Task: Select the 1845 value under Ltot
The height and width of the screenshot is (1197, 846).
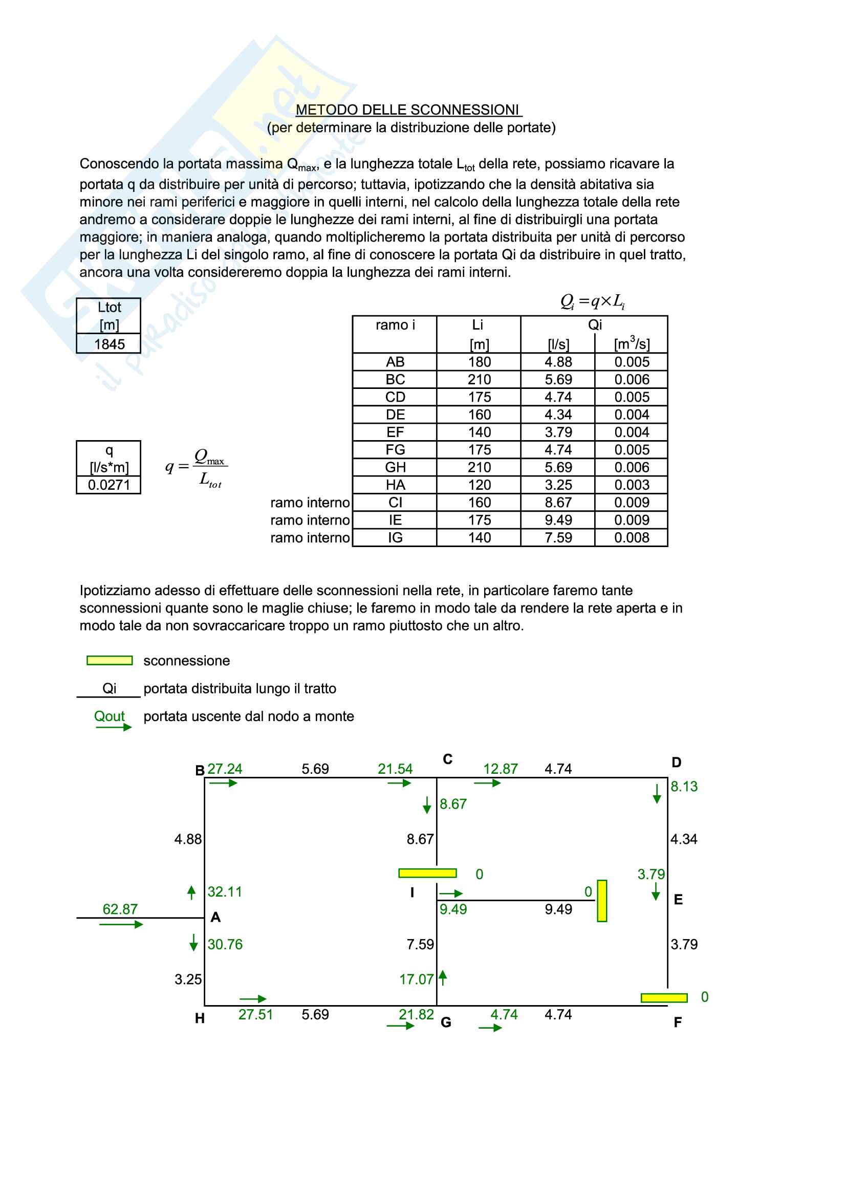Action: pyautogui.click(x=110, y=344)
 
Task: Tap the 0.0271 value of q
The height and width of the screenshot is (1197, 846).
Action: pyautogui.click(x=109, y=485)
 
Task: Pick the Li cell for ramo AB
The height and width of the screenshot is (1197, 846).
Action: pyautogui.click(x=479, y=362)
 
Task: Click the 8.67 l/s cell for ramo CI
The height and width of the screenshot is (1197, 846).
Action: pyautogui.click(x=558, y=503)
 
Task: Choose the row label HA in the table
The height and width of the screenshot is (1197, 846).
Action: pyautogui.click(x=395, y=485)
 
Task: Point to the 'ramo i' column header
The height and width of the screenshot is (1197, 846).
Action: pyautogui.click(x=395, y=325)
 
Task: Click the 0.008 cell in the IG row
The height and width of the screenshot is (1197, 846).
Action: pyautogui.click(x=631, y=537)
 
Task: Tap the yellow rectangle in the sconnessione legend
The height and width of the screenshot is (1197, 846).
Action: pyautogui.click(x=110, y=661)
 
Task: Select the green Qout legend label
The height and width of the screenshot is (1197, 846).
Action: pyautogui.click(x=110, y=716)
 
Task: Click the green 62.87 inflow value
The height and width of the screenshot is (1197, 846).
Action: pyautogui.click(x=120, y=909)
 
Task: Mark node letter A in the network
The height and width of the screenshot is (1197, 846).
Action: pyautogui.click(x=215, y=918)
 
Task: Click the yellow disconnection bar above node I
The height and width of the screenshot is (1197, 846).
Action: pyautogui.click(x=427, y=873)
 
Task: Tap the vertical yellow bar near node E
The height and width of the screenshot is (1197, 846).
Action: pyautogui.click(x=602, y=901)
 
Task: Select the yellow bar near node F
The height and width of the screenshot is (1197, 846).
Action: pyautogui.click(x=664, y=998)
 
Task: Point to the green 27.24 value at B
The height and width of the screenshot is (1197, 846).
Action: pyautogui.click(x=225, y=769)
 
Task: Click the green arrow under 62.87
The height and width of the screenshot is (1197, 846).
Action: pyautogui.click(x=121, y=924)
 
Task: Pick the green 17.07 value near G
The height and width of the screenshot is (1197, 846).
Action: pyautogui.click(x=416, y=980)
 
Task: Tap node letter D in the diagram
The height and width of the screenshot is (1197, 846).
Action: pyautogui.click(x=676, y=763)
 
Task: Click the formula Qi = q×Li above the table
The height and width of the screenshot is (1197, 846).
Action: pyautogui.click(x=592, y=301)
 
